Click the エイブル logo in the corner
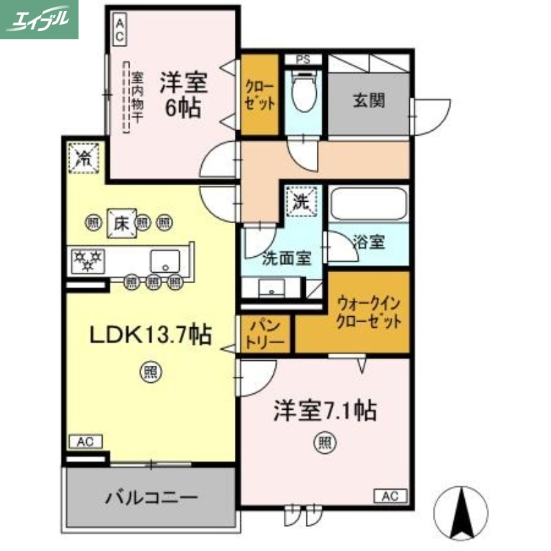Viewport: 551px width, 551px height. pyautogui.click(x=39, y=19)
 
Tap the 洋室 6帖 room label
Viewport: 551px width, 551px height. pyautogui.click(x=183, y=95)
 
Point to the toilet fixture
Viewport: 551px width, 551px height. pyautogui.click(x=303, y=93)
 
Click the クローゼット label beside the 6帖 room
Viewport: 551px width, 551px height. pyautogui.click(x=260, y=96)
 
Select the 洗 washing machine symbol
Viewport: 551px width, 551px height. pyautogui.click(x=301, y=202)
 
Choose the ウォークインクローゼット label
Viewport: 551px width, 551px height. pyautogui.click(x=368, y=312)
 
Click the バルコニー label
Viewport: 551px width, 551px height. pyautogui.click(x=152, y=497)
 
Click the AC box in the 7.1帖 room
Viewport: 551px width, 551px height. pyautogui.click(x=391, y=495)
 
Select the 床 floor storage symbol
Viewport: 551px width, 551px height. pyautogui.click(x=122, y=222)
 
